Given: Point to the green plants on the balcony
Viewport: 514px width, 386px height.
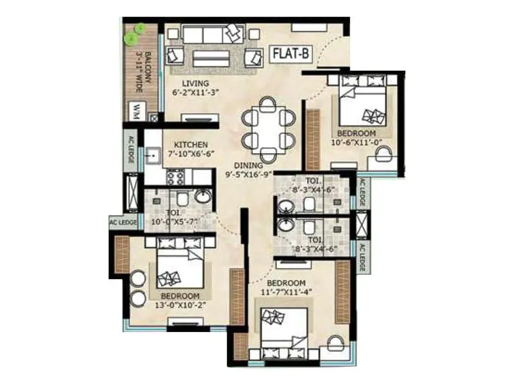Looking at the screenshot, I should coord(136,34).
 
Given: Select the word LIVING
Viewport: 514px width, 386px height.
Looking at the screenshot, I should coord(195,83).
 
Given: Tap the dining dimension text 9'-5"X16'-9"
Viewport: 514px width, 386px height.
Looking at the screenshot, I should coord(248,174).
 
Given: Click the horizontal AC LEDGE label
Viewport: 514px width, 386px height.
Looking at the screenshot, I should coord(123,223).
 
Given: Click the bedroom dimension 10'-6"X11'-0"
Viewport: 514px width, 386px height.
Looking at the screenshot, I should coord(356,143).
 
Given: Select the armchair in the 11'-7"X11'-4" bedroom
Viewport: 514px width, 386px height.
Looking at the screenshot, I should coord(335,344).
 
